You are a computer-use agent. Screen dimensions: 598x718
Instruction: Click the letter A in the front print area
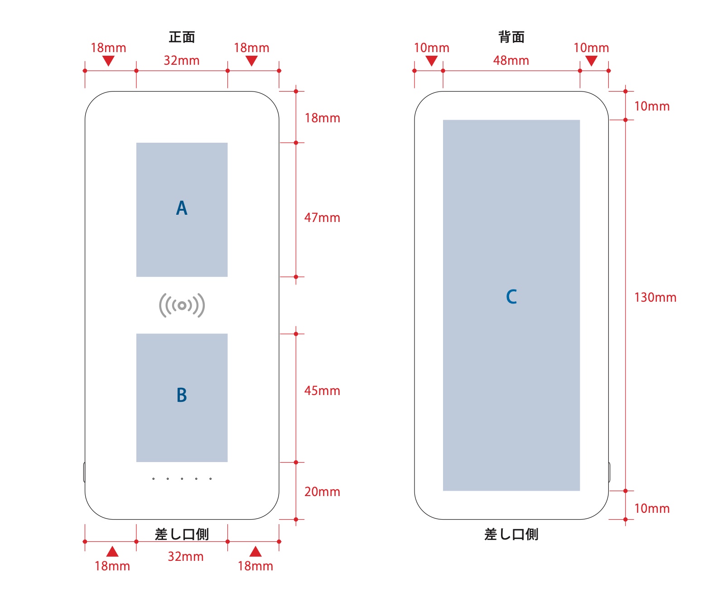point(182,208)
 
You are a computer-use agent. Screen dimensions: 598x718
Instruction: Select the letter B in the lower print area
point(182,395)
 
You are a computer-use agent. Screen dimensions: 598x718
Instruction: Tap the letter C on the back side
point(511,297)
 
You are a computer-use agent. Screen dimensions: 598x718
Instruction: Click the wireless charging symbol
point(182,305)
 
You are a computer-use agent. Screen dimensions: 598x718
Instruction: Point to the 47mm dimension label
point(322,218)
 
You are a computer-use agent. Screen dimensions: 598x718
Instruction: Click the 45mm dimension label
point(322,391)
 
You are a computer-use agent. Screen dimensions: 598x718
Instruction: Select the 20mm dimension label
point(322,492)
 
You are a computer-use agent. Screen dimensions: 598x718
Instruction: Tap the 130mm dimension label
point(655,298)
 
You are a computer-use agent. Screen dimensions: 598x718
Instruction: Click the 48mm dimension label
point(511,61)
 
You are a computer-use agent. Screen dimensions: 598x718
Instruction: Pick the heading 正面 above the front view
point(182,37)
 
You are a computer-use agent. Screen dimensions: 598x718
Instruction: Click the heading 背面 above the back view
point(511,37)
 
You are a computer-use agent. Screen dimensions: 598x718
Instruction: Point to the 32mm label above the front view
point(182,61)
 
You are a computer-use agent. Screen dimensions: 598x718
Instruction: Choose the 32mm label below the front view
point(186,557)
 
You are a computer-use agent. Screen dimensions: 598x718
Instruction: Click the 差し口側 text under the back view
point(511,535)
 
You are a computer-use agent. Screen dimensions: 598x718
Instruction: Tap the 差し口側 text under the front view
point(182,535)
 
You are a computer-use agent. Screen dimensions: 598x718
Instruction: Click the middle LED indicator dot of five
point(182,478)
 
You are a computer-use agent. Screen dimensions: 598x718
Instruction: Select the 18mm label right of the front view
point(322,118)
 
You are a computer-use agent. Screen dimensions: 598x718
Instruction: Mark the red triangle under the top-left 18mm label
point(108,61)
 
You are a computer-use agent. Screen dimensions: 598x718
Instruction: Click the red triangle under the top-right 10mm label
point(591,61)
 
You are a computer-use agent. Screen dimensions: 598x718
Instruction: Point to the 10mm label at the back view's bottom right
point(652,509)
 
